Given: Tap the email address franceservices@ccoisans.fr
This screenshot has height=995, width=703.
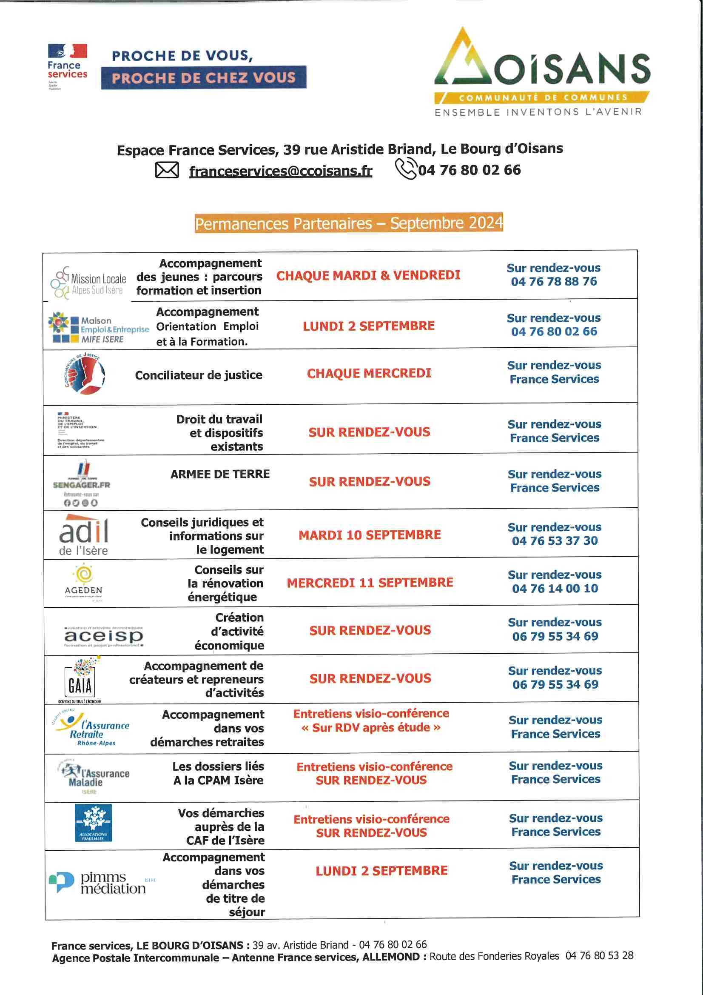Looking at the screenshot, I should [280, 171].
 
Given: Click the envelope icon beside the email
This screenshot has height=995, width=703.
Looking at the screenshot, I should [167, 170].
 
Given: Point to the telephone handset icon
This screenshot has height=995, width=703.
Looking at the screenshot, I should [406, 169].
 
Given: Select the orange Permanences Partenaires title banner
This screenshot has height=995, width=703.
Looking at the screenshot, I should [349, 223].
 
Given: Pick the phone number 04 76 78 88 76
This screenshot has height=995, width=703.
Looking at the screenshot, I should [554, 282].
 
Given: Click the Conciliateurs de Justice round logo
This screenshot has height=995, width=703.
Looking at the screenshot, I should [85, 374].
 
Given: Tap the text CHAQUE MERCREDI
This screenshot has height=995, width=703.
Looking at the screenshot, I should [369, 373].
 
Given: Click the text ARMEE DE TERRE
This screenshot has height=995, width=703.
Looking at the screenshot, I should [220, 474].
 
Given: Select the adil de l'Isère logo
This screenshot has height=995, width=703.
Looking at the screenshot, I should [84, 535].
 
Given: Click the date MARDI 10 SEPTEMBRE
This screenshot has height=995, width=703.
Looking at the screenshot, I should [370, 535].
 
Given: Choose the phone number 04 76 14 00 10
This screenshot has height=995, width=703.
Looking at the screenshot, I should [555, 589].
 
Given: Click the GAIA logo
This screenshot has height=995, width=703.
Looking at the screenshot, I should [81, 680].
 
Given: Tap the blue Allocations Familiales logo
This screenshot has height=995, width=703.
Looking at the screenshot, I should [93, 823].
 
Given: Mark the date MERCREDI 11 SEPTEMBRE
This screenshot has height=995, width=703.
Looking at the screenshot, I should [370, 583].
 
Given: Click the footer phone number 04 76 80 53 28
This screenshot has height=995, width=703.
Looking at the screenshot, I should [599, 955].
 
